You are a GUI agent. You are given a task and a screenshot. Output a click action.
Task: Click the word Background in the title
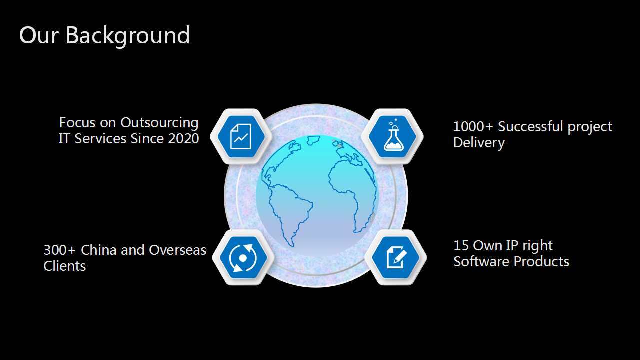coord(128,35)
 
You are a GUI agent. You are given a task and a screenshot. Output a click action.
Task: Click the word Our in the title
coord(39,35)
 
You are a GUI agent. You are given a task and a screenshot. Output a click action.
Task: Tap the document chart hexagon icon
coord(241,136)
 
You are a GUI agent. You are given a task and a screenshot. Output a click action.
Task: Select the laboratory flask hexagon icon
coord(392,136)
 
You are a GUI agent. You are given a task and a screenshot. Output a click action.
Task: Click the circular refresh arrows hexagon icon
coord(243,257)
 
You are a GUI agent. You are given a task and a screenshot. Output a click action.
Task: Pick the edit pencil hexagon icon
coord(396,257)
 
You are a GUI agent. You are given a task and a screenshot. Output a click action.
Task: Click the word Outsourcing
coord(159,123)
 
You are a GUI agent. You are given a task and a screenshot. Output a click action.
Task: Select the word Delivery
coord(479,143)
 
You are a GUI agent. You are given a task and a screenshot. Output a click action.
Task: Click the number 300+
coord(59,250)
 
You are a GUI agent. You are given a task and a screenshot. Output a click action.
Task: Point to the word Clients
coord(65,266)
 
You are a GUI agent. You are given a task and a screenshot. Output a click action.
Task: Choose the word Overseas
coord(177,250)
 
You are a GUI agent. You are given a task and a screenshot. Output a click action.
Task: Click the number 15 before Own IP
coord(461,245)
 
